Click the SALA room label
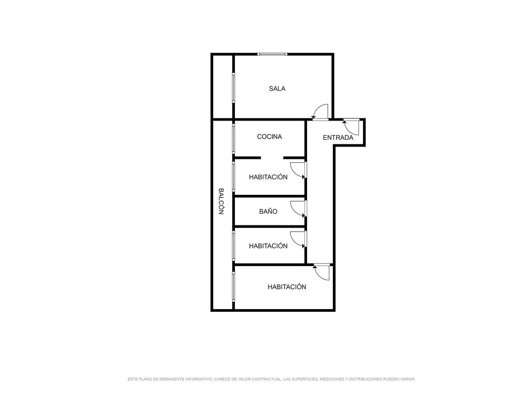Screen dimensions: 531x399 coord(277,88)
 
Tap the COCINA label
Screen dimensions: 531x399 coord(269,137)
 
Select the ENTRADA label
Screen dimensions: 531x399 coord(338,137)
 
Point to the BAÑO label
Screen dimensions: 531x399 coord(268,211)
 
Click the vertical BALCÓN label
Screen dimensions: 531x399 coord(221,201)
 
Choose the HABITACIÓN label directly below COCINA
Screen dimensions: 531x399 coord(268,177)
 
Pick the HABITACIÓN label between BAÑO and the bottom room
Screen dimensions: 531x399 coord(268,246)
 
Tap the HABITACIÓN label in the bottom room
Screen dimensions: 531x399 coord(287,287)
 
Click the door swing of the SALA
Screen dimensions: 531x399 coord(320,112)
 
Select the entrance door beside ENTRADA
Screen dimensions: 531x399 coord(351,127)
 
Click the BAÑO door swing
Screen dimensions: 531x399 coord(298,209)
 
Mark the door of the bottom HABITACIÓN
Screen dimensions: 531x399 coord(322,272)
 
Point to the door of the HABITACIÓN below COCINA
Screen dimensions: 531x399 coord(298,170)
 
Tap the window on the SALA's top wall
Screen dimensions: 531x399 coord(272,54)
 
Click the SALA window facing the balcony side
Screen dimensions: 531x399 coord(233,87)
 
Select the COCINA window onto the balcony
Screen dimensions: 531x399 coord(233,139)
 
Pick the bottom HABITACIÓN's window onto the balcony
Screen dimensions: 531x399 coord(233,286)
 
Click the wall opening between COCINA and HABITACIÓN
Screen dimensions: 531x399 coord(272,158)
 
